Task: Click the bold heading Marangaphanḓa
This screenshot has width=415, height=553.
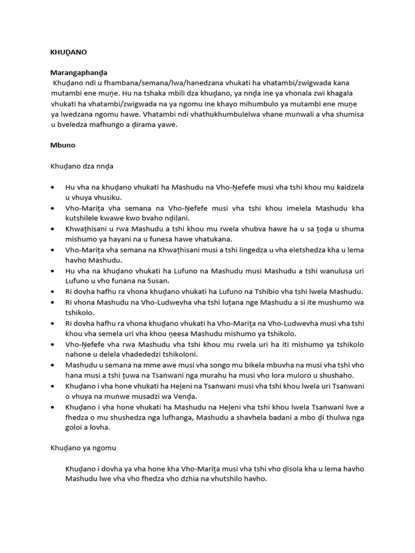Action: [x=79, y=72]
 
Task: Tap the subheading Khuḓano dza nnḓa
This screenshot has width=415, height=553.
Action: [x=82, y=166]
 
